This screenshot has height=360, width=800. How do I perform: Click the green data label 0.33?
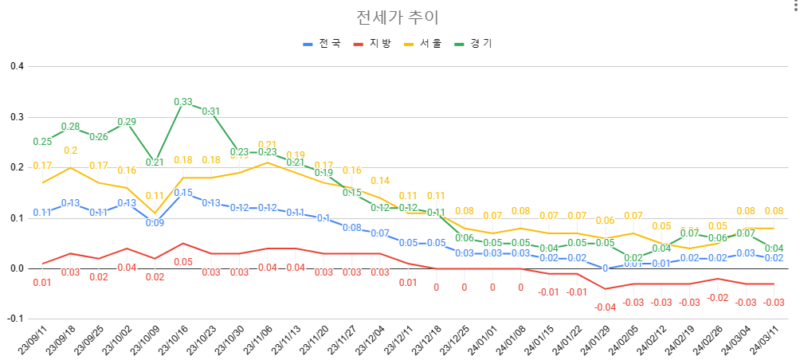[x=183, y=102]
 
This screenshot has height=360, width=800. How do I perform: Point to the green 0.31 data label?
[x=211, y=112]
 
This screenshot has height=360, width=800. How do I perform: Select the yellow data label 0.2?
[x=70, y=151]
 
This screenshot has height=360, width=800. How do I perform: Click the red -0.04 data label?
[x=606, y=307]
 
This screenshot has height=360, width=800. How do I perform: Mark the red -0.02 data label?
[x=718, y=297]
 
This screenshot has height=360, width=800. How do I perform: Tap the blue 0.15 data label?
[x=183, y=193]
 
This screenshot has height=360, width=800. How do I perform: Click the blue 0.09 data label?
[x=155, y=223]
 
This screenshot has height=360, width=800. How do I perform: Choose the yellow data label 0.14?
[x=380, y=181]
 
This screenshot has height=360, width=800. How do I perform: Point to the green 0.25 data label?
[x=42, y=142]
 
